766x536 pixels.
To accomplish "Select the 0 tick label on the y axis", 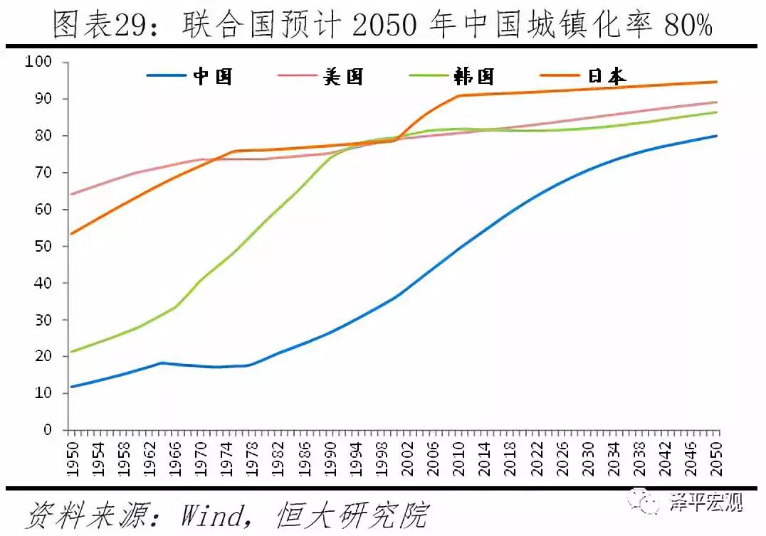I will tap(48, 430).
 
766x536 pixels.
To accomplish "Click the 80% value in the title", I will tap(688, 26).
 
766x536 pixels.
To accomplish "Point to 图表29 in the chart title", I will tap(105, 26).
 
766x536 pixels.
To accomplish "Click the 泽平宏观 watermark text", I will tap(705, 504).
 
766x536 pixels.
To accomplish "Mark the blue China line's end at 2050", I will tap(716, 136).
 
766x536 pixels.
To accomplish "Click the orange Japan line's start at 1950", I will tap(71, 234).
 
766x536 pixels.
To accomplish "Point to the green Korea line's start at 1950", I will tap(71, 352).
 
